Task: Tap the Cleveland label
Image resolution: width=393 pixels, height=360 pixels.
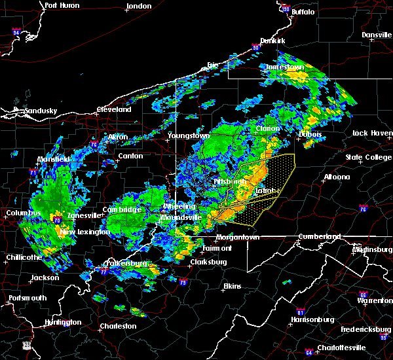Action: (x=114, y=109)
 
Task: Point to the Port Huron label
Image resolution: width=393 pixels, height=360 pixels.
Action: (x=62, y=5)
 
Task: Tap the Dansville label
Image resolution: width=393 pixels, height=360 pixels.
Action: (x=376, y=35)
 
